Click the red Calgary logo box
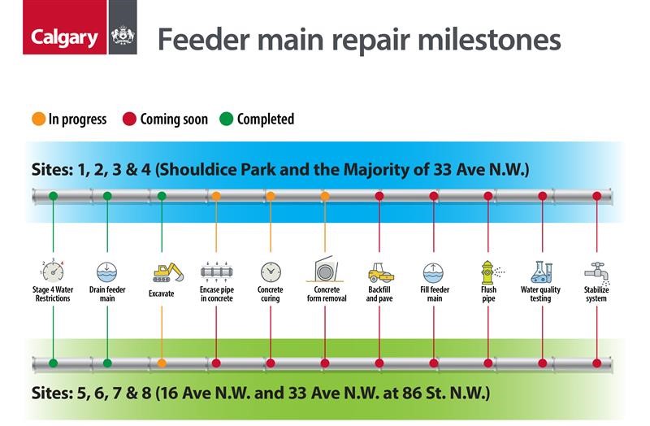pyautogui.click(x=65, y=27)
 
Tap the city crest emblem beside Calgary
pyautogui.click(x=123, y=36)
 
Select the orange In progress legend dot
pyautogui.click(x=38, y=119)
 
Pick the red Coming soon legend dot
pyautogui.click(x=129, y=119)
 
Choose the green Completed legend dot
pyautogui.click(x=227, y=119)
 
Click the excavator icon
pyautogui.click(x=168, y=272)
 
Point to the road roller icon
pyautogui.click(x=381, y=273)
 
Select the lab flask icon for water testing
pyautogui.click(x=542, y=272)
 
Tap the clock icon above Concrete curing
pyautogui.click(x=271, y=272)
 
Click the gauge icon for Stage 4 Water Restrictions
pyautogui.click(x=53, y=272)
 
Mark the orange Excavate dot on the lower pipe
pyautogui.click(x=162, y=363)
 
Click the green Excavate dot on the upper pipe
pyautogui.click(x=162, y=196)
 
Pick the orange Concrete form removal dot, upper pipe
pyautogui.click(x=325, y=196)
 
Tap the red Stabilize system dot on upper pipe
pyautogui.click(x=597, y=196)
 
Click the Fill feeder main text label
pyautogui.click(x=435, y=293)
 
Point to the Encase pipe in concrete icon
pyautogui.click(x=216, y=272)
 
